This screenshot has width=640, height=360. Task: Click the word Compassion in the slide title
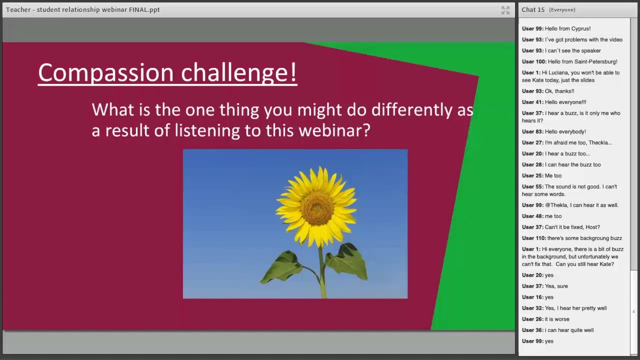click(x=107, y=73)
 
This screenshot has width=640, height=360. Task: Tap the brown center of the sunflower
click(x=316, y=206)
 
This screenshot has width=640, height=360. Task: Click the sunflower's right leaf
click(x=347, y=261)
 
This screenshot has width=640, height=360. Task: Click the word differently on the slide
click(x=411, y=110)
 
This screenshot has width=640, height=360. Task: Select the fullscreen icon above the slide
click(x=505, y=10)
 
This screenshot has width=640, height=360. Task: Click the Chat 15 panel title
click(x=533, y=9)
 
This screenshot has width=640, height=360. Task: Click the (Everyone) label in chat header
click(x=562, y=10)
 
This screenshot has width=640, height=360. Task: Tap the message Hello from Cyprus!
click(x=567, y=28)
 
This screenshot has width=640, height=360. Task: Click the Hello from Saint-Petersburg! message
click(x=582, y=61)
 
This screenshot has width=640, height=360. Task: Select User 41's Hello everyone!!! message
click(x=565, y=102)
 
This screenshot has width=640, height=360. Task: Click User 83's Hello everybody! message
click(x=565, y=131)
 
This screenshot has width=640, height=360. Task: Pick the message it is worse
click(x=557, y=319)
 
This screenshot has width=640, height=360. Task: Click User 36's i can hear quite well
click(x=569, y=330)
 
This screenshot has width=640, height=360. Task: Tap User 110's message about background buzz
click(x=584, y=238)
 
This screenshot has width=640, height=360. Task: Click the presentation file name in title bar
click(x=83, y=9)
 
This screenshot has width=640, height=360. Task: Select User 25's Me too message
click(x=553, y=175)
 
